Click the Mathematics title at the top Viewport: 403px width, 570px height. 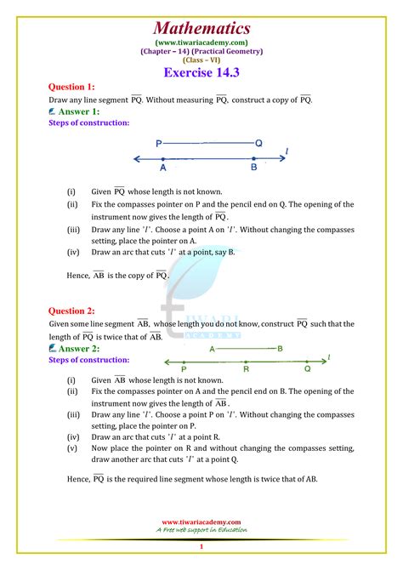click(201, 28)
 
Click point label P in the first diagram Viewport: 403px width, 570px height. click(159, 145)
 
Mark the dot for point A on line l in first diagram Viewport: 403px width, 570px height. click(163, 159)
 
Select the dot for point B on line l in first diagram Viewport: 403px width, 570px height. click(253, 159)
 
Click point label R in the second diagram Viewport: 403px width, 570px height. click(246, 369)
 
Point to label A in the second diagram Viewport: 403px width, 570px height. click(212, 349)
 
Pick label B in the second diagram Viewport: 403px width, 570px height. click(280, 349)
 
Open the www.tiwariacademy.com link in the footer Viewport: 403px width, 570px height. click(201, 522)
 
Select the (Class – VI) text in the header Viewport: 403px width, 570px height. click(201, 59)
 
